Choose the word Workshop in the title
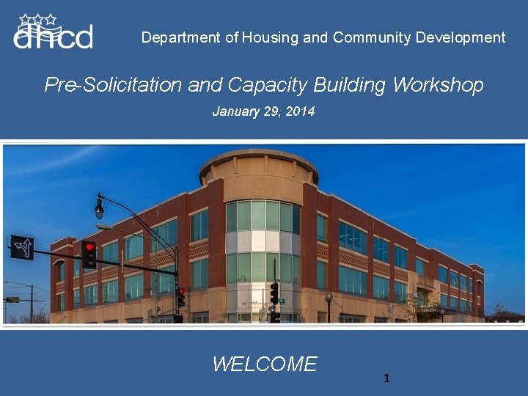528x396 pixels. pyautogui.click(x=438, y=85)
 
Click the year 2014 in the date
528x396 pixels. pyautogui.click(x=300, y=111)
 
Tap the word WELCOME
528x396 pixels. pyautogui.click(x=264, y=364)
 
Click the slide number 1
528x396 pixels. pyautogui.click(x=386, y=378)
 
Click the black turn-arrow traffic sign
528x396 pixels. pyautogui.click(x=21, y=248)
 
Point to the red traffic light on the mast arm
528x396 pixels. pyautogui.click(x=89, y=253)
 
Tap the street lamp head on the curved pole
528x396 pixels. pyautogui.click(x=99, y=209)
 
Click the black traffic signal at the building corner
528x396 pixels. pyautogui.click(x=274, y=293)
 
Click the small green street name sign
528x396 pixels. pyautogui.click(x=282, y=301)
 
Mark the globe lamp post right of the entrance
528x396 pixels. pyautogui.click(x=329, y=298)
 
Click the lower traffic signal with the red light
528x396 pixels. pyautogui.click(x=180, y=296)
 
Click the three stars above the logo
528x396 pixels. pyautogui.click(x=38, y=18)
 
